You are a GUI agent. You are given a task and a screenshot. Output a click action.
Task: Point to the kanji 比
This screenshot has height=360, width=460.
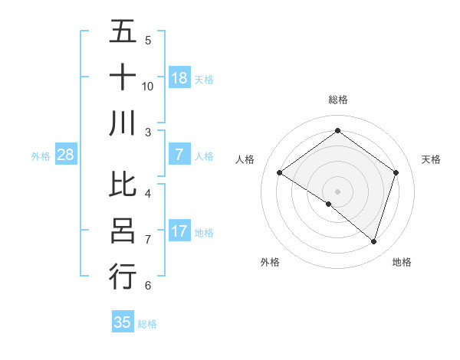pos(123,185)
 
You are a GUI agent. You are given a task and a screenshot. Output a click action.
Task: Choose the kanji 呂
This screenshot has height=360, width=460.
pos(123,231)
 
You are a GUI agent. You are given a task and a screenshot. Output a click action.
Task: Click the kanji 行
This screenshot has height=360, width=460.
pos(123,276)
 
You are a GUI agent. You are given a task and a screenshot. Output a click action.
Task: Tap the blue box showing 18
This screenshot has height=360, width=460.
pos(179,78)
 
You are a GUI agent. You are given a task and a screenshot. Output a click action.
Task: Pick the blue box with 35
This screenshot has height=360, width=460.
pos(123,322)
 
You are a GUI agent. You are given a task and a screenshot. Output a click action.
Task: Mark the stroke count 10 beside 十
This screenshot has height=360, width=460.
pos(148,86)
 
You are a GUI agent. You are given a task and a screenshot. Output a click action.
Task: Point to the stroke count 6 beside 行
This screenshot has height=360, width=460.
pos(148,286)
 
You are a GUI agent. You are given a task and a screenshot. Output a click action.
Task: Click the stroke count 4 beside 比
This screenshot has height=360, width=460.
pos(148,193)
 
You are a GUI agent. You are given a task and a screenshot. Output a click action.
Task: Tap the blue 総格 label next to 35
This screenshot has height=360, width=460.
pos(147,324)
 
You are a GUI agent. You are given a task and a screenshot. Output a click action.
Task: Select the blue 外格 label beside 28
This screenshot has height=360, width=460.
pos(41,156)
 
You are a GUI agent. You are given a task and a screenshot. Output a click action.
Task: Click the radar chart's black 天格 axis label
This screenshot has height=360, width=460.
pos(431,159)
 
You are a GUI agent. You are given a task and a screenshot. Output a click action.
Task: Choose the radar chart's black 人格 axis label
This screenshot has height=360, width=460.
pos(245,159)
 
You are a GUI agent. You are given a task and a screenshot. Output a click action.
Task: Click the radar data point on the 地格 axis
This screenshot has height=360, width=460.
pos(374,242)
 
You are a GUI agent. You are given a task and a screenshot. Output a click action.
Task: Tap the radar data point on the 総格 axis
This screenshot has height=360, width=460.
pos(337,131)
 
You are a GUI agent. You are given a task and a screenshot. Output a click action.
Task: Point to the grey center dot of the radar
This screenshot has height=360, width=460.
pos(337,190)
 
